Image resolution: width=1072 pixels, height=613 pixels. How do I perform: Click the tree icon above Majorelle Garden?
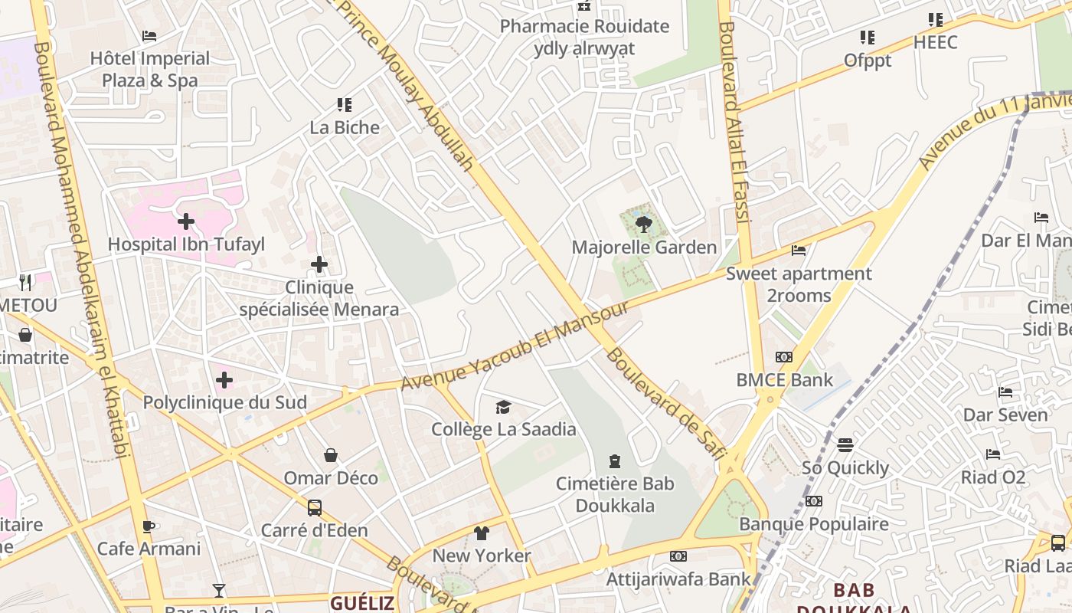click(x=643, y=224)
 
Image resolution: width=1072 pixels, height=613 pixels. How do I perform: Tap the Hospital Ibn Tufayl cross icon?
click(x=185, y=222)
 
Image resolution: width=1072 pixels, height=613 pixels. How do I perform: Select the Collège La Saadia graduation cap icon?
click(x=503, y=407)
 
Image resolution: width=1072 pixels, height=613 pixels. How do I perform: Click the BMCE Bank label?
click(x=784, y=380)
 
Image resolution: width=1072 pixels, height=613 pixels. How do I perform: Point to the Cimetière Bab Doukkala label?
click(x=615, y=494)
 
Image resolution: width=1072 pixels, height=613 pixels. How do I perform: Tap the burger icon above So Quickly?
click(x=845, y=445)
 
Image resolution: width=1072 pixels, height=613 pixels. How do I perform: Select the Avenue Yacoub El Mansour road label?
click(x=515, y=346)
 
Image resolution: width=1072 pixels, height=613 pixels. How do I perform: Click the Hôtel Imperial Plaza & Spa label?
click(x=150, y=69)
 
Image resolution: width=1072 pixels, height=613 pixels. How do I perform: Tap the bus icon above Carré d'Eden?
click(x=314, y=507)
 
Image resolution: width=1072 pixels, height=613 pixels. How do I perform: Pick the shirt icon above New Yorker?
click(x=481, y=533)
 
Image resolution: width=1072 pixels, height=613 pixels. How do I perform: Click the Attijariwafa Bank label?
click(x=678, y=579)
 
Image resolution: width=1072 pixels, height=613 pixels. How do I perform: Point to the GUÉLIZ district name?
click(x=362, y=603)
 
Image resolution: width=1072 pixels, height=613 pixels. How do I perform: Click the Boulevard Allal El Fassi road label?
click(x=734, y=123)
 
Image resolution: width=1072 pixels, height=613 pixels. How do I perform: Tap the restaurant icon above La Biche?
click(x=345, y=104)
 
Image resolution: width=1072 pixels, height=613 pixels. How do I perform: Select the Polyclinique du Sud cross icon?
click(x=224, y=380)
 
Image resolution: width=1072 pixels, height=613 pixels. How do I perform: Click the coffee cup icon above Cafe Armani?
click(x=149, y=526)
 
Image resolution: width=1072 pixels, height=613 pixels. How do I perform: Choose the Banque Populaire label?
click(x=814, y=524)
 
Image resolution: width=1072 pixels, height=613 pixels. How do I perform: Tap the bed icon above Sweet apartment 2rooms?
click(x=799, y=251)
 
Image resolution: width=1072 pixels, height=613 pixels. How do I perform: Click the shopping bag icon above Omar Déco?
click(x=331, y=455)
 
